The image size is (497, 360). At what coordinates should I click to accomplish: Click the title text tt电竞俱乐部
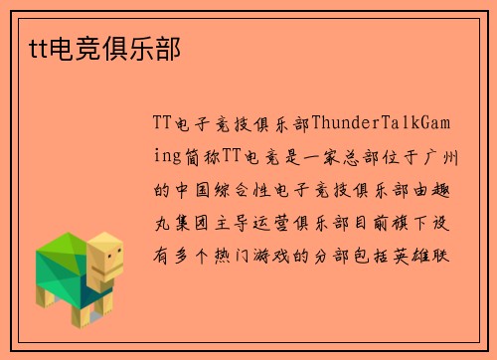(97, 46)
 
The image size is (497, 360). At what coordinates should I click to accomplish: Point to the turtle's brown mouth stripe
(112, 271)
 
